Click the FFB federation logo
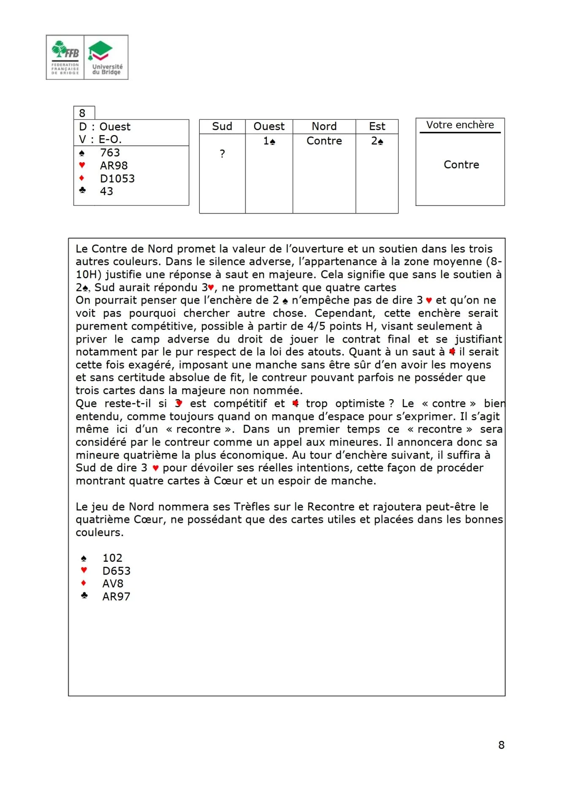point(65,57)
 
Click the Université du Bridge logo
point(106,57)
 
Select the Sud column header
point(222,126)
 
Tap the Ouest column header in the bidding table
point(269,126)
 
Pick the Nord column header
point(324,126)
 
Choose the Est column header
point(377,126)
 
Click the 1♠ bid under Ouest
point(269,141)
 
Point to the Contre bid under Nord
point(324,141)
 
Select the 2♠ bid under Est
point(377,141)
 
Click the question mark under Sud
point(223,154)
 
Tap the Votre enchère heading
point(460,125)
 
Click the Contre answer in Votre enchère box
point(461,165)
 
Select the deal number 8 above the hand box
point(82,113)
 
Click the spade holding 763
point(110,152)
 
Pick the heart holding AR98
point(114,166)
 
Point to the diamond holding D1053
point(117,179)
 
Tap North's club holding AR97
point(116,596)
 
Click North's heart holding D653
point(117,571)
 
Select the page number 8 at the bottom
point(501,745)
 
